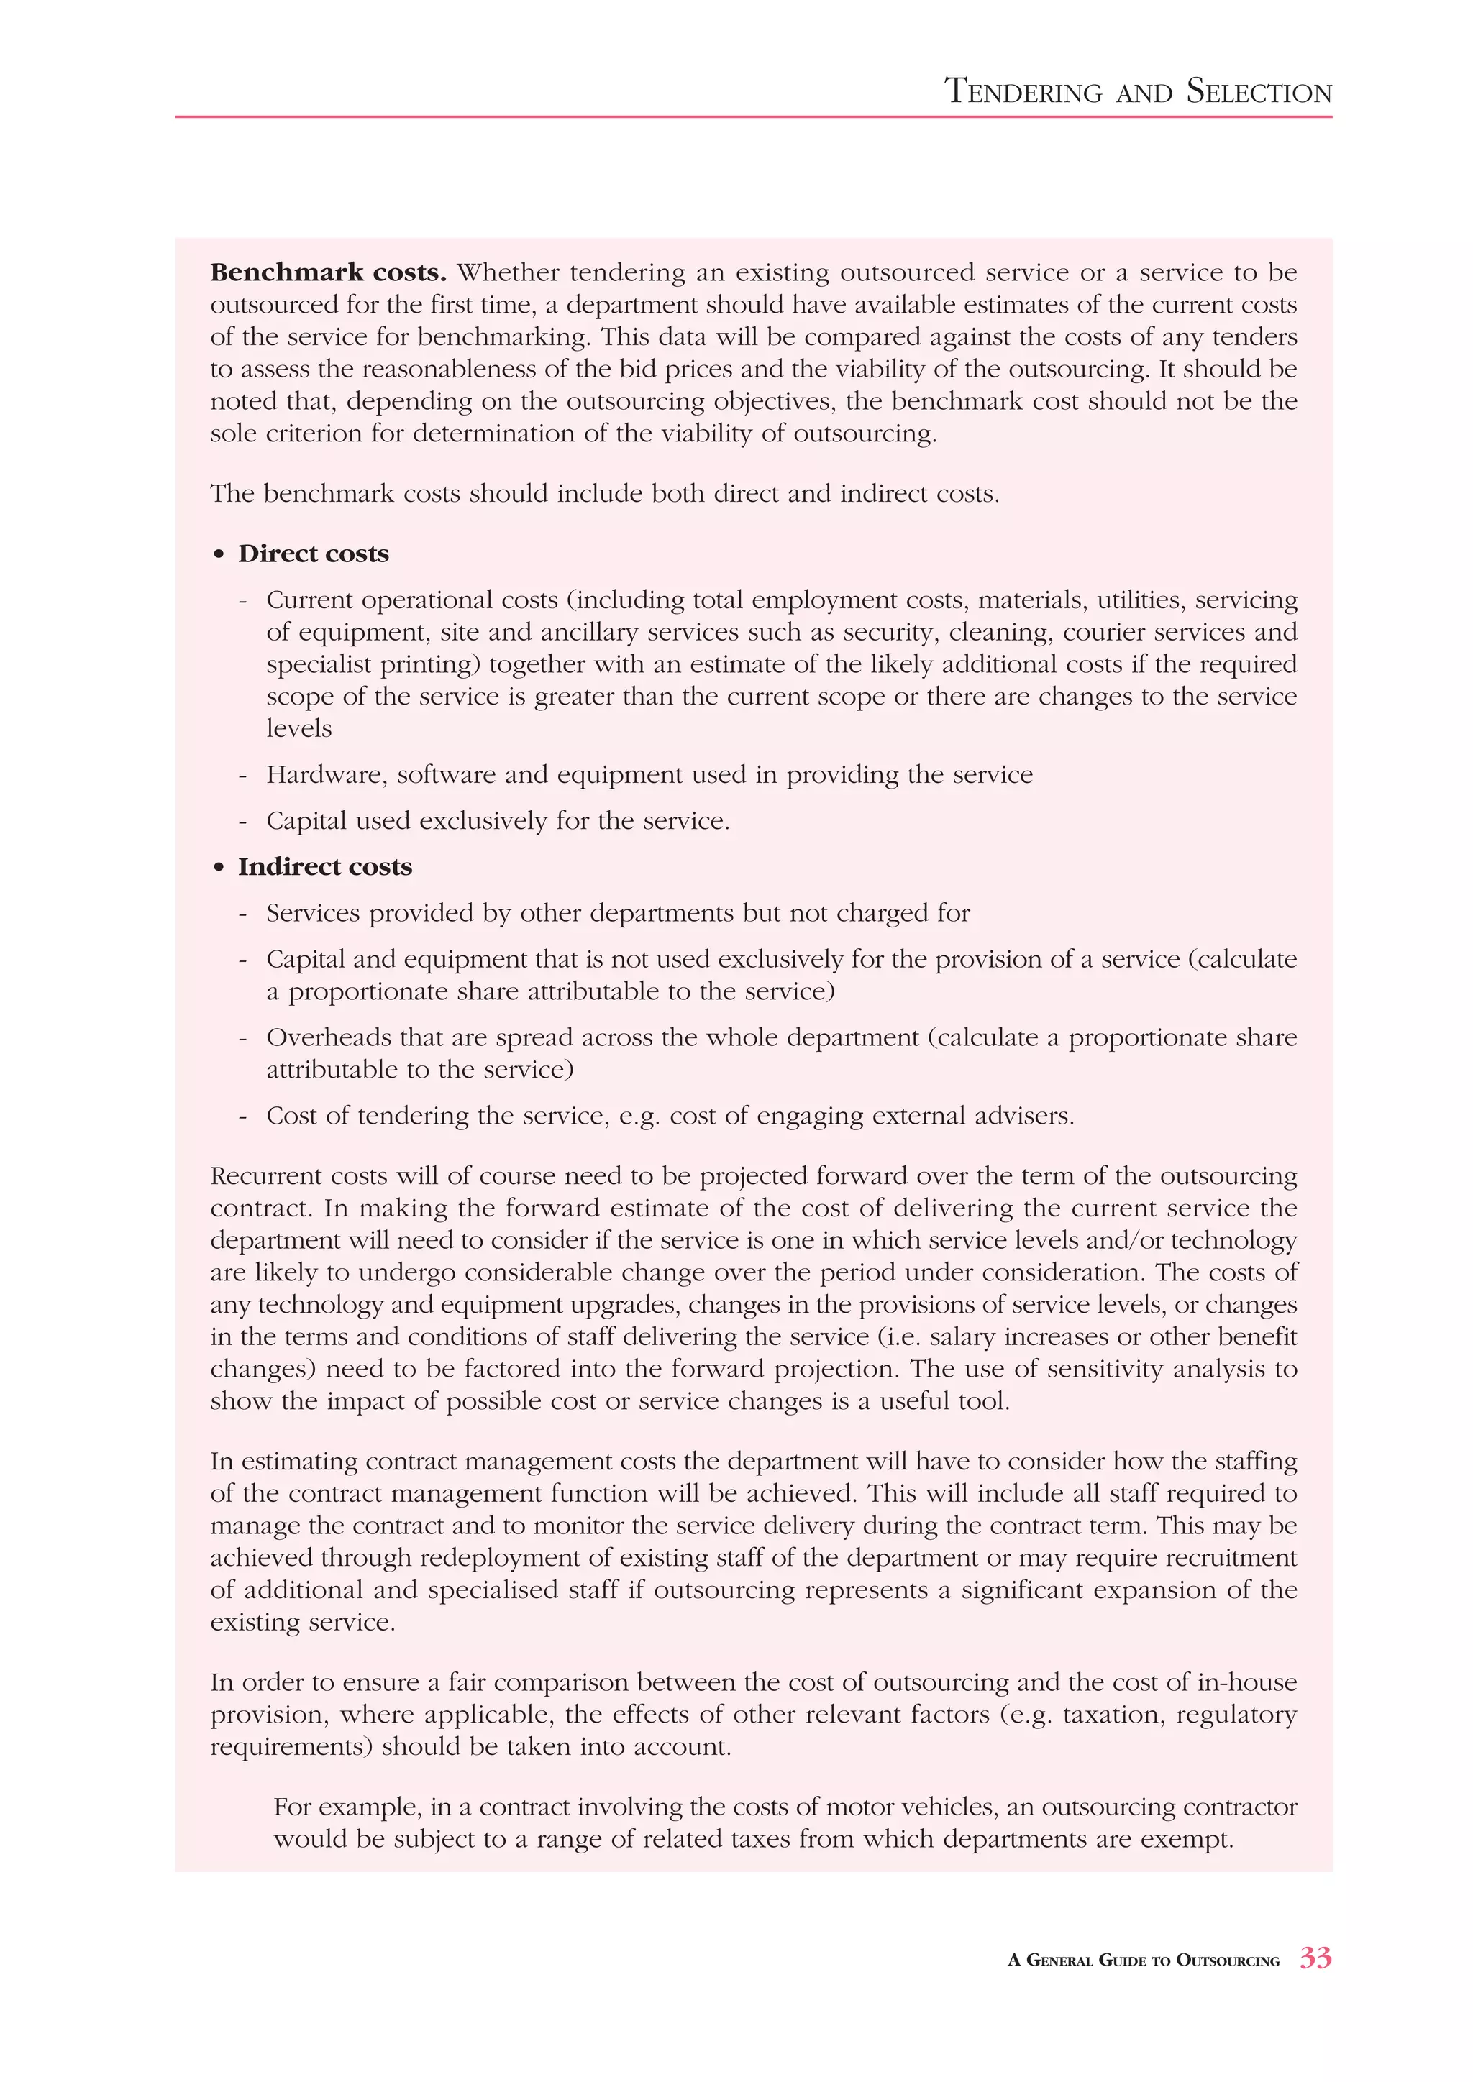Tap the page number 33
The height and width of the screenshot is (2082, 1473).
(x=1315, y=1958)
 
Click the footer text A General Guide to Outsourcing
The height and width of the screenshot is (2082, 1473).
(x=1143, y=1961)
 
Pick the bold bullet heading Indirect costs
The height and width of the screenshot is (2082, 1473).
(x=324, y=866)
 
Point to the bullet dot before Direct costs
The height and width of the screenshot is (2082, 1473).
(x=219, y=554)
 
